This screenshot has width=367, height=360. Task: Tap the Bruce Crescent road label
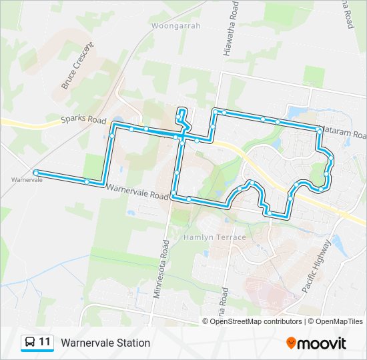pyautogui.click(x=77, y=66)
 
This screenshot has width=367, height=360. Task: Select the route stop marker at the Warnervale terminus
pyautogui.click(x=35, y=173)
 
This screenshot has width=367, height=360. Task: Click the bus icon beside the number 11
pyautogui.click(x=30, y=343)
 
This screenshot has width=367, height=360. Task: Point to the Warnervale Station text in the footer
pyautogui.click(x=105, y=343)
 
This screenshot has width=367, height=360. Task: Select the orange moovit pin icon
pyautogui.click(x=292, y=343)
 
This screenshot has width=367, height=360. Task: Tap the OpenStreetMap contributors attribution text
pyautogui.click(x=256, y=321)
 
